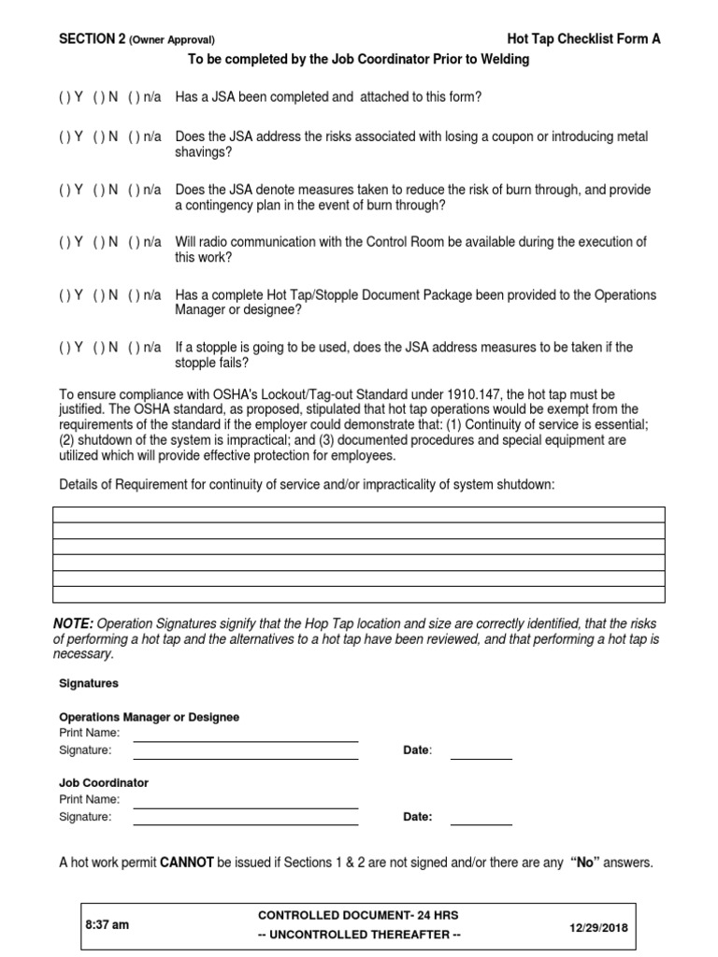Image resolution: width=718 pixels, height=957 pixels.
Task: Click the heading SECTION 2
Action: [92, 39]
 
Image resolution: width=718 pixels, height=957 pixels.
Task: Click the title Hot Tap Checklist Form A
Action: [582, 39]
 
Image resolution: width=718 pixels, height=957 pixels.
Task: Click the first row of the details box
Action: [359, 514]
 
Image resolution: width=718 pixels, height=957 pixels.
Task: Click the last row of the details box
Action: [359, 593]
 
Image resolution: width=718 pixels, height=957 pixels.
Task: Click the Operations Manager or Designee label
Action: [149, 717]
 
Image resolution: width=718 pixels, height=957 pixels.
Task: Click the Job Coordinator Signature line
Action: [246, 818]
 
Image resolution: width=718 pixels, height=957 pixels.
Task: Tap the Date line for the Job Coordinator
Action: [481, 818]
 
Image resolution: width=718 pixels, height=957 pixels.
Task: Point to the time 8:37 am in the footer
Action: [107, 924]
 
